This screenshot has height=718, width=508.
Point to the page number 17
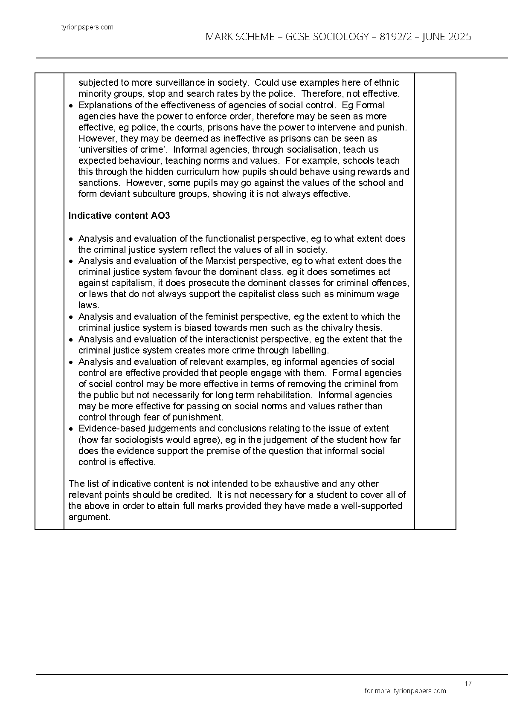click(468, 683)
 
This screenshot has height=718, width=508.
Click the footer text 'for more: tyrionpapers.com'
click(405, 691)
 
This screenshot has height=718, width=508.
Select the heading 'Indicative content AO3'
click(119, 216)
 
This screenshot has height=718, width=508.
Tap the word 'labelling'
click(308, 350)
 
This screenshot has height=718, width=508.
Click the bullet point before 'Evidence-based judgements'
click(72, 429)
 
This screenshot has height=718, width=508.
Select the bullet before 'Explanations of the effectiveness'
click(72, 106)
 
